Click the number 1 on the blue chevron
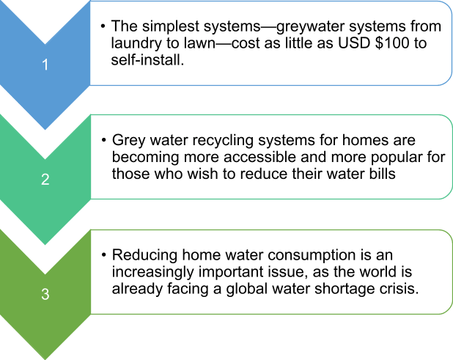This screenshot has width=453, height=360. (45, 65)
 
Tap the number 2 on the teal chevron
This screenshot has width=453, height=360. (45, 179)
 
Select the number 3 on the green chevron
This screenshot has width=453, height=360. (45, 294)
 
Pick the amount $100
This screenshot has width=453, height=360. (392, 43)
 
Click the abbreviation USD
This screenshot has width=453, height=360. (354, 43)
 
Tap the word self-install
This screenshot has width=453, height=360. (147, 60)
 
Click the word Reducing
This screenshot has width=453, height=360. (144, 256)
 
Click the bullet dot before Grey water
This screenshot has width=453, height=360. (103, 141)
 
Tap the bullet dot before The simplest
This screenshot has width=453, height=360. (103, 26)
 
